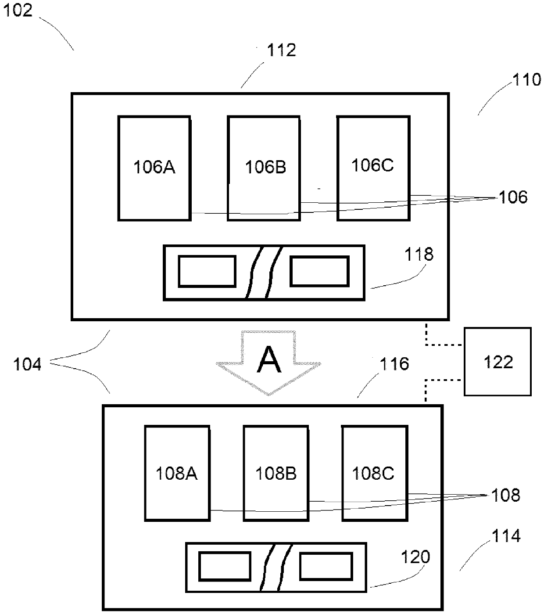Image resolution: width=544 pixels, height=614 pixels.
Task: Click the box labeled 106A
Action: click(x=154, y=168)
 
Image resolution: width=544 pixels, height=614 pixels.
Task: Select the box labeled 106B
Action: click(x=264, y=168)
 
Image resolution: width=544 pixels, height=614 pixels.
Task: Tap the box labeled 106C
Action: click(x=373, y=168)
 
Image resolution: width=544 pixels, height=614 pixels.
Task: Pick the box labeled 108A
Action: click(x=177, y=474)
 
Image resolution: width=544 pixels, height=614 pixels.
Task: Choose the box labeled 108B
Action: click(x=276, y=474)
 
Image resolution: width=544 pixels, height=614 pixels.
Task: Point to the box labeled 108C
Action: click(x=375, y=474)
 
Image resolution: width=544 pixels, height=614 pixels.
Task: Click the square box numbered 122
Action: click(x=497, y=362)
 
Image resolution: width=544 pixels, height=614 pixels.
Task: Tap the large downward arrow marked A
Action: click(x=268, y=363)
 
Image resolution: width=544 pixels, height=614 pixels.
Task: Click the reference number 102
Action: click(x=18, y=10)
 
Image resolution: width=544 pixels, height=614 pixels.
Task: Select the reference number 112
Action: click(x=281, y=50)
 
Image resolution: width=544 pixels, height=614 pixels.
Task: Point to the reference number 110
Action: click(x=526, y=79)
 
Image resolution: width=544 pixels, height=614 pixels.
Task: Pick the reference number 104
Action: click(x=27, y=364)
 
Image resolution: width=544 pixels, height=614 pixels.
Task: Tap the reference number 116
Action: click(x=394, y=364)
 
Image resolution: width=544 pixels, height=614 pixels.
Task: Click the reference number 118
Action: click(x=419, y=254)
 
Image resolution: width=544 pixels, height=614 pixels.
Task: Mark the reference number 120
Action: click(x=415, y=557)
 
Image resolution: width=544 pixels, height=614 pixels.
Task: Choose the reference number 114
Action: click(x=506, y=536)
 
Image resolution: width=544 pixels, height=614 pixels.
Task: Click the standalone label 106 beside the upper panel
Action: click(x=513, y=197)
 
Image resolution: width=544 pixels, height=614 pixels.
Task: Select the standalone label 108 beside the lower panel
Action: click(x=505, y=495)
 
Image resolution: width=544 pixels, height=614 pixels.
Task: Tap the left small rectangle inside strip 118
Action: click(x=207, y=271)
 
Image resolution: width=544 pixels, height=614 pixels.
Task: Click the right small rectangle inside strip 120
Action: click(x=326, y=566)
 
